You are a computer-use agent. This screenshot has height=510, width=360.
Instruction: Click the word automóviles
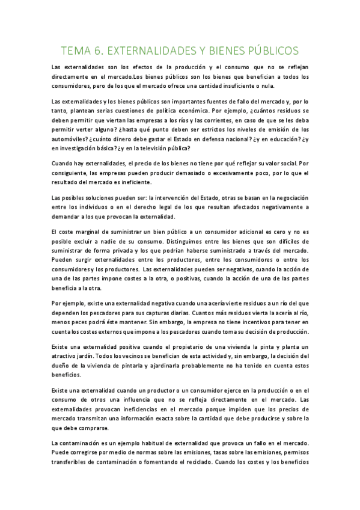(x=69, y=138)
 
